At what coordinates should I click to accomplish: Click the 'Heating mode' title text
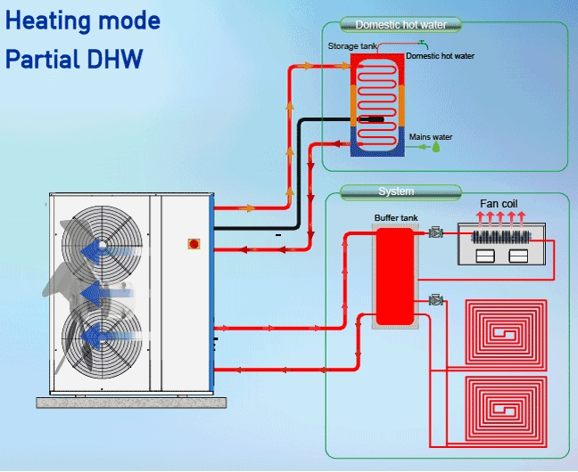[x=83, y=20]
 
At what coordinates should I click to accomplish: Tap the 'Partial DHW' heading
[x=73, y=59]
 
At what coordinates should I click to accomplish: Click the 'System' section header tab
[x=396, y=191]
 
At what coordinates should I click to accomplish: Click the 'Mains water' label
[x=431, y=137]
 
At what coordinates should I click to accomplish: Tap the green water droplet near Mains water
[x=437, y=148]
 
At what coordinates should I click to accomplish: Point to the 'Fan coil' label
[x=499, y=204]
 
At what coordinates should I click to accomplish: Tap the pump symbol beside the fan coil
[x=436, y=233]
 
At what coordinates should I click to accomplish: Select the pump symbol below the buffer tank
[x=436, y=300]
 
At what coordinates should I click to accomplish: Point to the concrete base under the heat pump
[x=130, y=400]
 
